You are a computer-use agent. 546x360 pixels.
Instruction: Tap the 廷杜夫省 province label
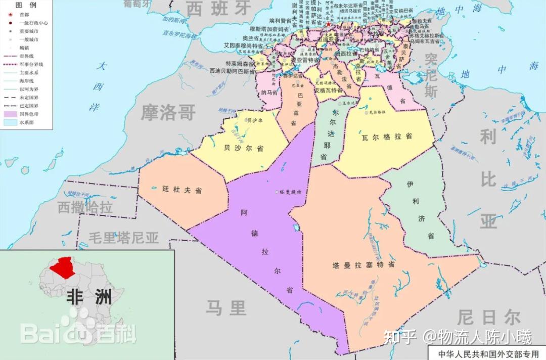click(x=181, y=190)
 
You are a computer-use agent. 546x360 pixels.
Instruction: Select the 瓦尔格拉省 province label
click(x=387, y=137)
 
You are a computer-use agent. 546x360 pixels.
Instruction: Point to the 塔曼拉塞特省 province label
click(x=363, y=265)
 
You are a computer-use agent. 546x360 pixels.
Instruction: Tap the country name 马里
click(x=226, y=306)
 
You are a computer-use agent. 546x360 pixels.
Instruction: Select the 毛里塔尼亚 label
click(x=124, y=237)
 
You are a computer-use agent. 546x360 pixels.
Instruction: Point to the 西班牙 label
click(x=218, y=8)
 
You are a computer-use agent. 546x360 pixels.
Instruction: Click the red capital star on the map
click(x=329, y=24)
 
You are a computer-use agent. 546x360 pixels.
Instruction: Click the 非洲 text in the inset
click(x=88, y=297)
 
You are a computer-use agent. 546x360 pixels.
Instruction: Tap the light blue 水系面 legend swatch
click(x=10, y=122)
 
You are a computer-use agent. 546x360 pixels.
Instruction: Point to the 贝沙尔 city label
click(x=254, y=120)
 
